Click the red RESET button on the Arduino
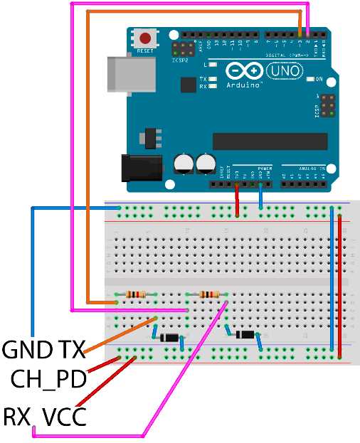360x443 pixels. point(145,39)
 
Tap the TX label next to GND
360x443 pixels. point(70,350)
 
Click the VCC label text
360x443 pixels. point(64,415)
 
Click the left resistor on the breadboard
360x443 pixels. point(136,294)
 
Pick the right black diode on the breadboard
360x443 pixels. point(245,334)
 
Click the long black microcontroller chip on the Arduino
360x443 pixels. point(270,142)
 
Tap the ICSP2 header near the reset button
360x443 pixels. point(184,50)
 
